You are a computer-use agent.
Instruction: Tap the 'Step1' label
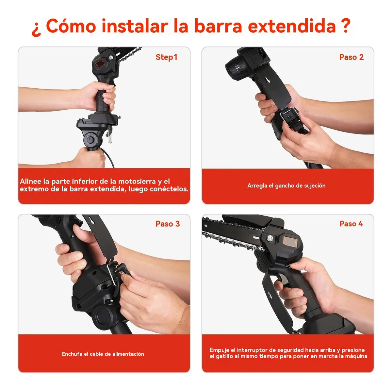click(166, 57)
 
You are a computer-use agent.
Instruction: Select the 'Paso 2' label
click(351, 57)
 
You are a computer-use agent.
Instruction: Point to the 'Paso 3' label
click(168, 224)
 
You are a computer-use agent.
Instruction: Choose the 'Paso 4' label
click(351, 224)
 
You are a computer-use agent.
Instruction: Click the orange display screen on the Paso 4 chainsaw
click(288, 241)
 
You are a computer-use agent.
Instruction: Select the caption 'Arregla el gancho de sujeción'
click(286, 186)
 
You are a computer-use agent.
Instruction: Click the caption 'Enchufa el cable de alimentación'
click(103, 354)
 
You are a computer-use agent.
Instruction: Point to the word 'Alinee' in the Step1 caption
click(30, 181)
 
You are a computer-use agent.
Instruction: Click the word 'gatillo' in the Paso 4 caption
click(224, 356)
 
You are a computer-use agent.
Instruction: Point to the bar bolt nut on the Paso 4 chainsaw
click(270, 238)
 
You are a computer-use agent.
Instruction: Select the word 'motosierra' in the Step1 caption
click(137, 181)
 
